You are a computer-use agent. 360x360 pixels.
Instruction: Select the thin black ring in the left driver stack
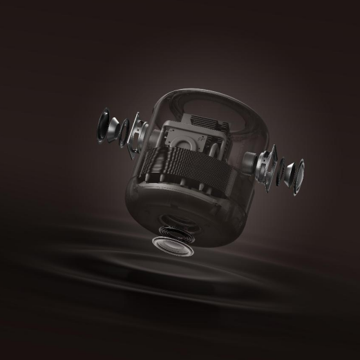pos(125,129)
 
